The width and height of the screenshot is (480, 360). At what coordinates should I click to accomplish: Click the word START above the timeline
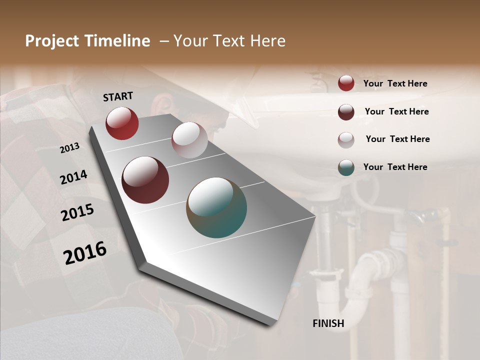tap(118, 96)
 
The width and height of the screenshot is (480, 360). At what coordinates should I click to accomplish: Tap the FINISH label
tap(328, 323)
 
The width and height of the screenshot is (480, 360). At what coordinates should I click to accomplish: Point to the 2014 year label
tap(73, 177)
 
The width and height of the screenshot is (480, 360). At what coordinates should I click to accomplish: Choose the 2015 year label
tap(77, 212)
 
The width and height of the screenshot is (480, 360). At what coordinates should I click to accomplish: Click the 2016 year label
tap(85, 253)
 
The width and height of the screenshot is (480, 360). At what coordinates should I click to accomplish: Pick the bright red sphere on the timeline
tap(122, 123)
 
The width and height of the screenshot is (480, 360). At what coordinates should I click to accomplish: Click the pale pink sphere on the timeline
tap(189, 140)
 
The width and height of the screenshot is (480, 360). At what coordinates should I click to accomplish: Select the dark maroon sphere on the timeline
tap(145, 180)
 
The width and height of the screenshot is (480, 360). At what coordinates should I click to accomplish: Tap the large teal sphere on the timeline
tap(216, 207)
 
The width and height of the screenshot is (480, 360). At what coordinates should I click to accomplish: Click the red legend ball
tap(346, 83)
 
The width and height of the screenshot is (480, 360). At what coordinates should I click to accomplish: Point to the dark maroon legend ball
tap(346, 111)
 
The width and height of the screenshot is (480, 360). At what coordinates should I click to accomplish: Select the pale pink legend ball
tap(346, 139)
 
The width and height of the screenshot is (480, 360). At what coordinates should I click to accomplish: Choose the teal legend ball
tap(346, 167)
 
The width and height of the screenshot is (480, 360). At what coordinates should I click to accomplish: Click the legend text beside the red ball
tap(395, 83)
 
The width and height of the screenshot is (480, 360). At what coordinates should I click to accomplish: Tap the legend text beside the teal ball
tap(395, 167)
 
